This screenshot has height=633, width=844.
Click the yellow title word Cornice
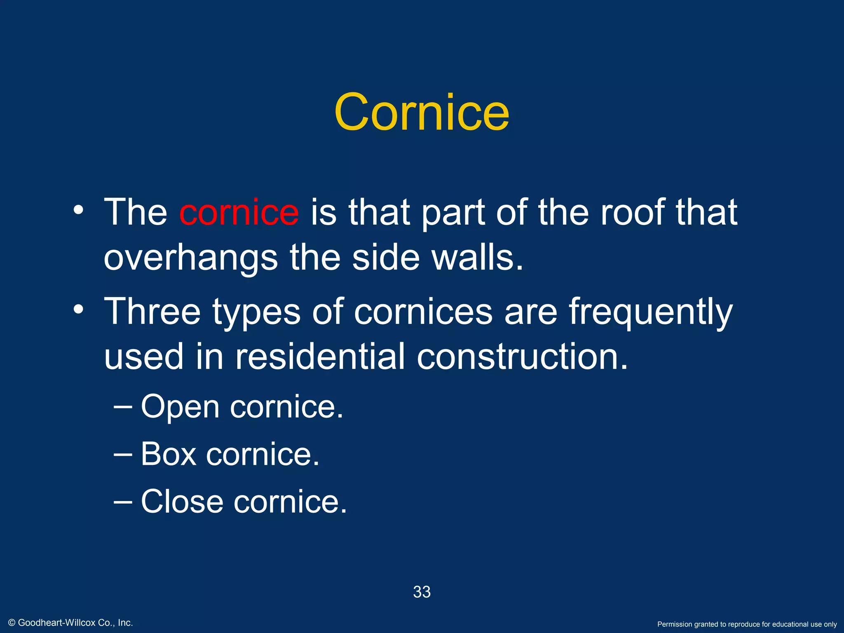point(422,112)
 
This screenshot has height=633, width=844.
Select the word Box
point(169,454)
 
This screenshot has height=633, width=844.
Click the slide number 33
point(422,592)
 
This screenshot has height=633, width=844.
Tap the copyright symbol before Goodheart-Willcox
point(12,623)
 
